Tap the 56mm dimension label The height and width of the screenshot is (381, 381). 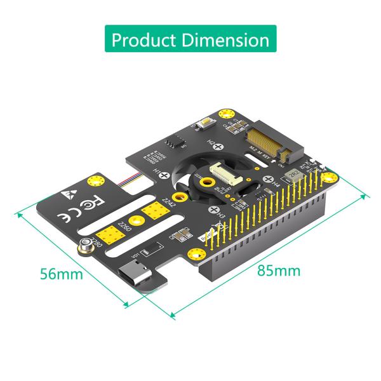coord(61,274)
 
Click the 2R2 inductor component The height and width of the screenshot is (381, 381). coord(293,171)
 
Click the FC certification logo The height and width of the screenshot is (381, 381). coord(90,204)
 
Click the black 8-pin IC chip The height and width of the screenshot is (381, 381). coord(172,143)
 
